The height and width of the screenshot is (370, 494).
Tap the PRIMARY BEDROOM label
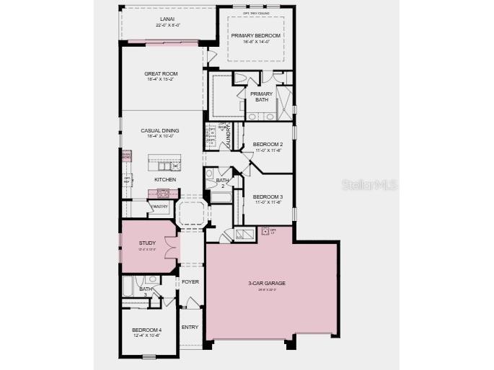click(x=255, y=36)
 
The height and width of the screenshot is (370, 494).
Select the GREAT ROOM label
click(x=162, y=73)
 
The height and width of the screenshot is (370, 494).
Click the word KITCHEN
click(x=165, y=179)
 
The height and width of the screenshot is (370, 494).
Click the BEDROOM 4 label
click(x=147, y=330)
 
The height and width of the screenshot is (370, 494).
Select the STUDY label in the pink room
click(x=147, y=243)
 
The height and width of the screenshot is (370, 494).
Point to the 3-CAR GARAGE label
click(x=267, y=284)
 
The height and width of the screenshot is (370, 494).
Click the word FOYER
click(x=190, y=282)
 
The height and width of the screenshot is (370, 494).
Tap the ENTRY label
click(x=190, y=328)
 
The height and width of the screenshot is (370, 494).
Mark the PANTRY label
click(x=159, y=207)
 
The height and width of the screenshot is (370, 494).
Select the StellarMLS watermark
click(x=369, y=185)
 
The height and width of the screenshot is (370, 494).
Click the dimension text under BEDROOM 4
click(x=147, y=335)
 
